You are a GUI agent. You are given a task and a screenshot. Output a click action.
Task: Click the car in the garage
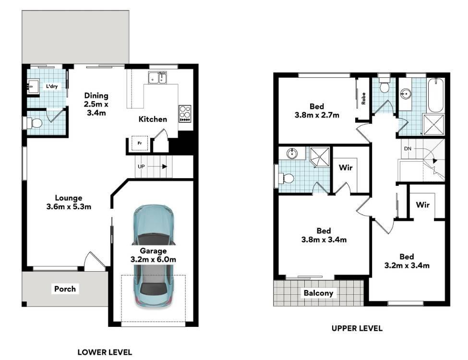[x=153, y=256]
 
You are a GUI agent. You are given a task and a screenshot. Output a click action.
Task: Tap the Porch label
[x=65, y=289]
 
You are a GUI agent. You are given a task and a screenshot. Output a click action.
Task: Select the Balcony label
[x=318, y=293]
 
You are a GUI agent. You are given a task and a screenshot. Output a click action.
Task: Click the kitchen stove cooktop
[x=185, y=113]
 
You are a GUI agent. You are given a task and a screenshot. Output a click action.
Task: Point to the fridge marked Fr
[x=140, y=144]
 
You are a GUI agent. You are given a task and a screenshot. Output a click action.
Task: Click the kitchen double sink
[x=157, y=78]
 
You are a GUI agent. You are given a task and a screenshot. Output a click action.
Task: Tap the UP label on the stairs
[x=141, y=166]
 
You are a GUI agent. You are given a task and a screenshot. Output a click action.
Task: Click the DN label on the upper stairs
[x=408, y=148]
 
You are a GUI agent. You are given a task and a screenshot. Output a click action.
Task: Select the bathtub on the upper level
[x=436, y=95]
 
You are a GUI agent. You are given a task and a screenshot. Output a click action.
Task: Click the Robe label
[x=363, y=98]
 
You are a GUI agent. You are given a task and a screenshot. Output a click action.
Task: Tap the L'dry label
[x=52, y=86]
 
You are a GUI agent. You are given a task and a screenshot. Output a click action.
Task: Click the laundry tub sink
[x=33, y=86]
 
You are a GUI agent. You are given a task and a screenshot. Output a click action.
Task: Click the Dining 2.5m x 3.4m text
[x=96, y=104]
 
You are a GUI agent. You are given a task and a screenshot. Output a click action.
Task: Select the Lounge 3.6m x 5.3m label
[x=69, y=202]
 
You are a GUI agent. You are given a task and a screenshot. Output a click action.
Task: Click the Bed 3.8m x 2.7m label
[x=317, y=110]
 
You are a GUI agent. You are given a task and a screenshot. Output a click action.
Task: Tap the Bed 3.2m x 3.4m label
[x=407, y=261]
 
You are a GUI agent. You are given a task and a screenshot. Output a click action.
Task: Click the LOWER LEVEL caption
[x=105, y=352]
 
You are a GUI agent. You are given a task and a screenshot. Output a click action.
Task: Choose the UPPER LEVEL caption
[x=357, y=328]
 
